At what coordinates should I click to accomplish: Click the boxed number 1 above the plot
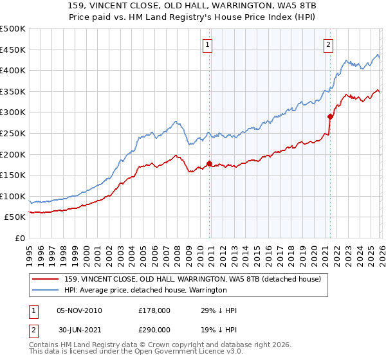tap(208, 44)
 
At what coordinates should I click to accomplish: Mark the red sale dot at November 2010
tap(209, 163)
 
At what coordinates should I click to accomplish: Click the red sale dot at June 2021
tap(330, 116)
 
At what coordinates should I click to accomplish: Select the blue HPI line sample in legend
tap(46, 290)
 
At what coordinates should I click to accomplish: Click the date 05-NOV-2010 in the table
tap(79, 310)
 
